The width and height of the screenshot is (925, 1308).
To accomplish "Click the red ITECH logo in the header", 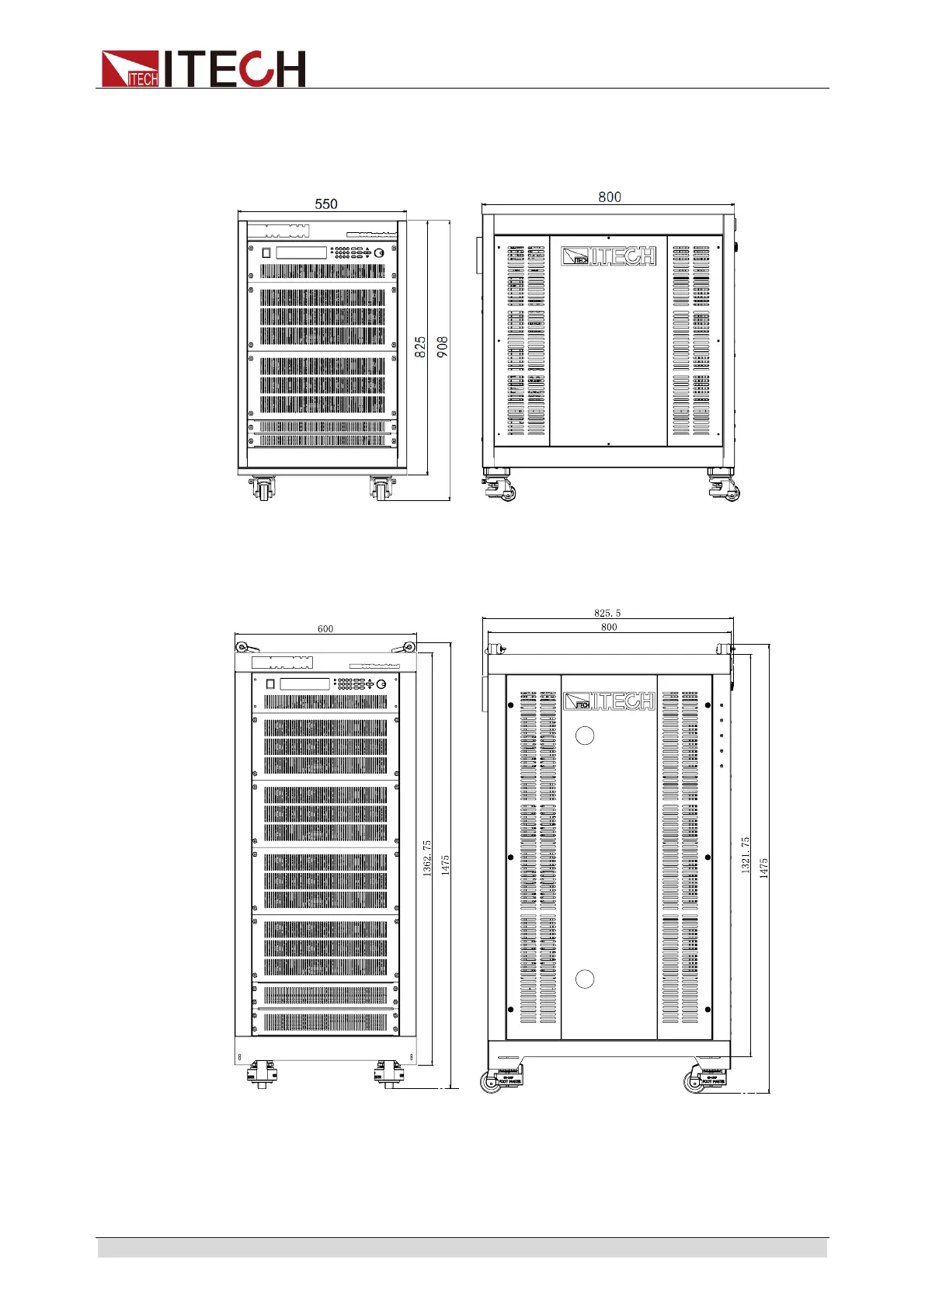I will [203, 68].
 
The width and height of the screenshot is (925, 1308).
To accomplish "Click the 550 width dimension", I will [326, 204].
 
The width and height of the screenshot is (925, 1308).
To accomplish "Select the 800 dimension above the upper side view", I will [610, 197].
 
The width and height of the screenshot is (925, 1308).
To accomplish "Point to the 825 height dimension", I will [420, 346].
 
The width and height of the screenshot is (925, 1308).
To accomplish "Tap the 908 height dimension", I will [442, 346].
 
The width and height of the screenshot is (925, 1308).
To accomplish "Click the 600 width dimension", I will [325, 629].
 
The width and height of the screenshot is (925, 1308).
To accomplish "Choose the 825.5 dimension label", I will [607, 614].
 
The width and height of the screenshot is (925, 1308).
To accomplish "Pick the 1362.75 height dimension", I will [427, 858].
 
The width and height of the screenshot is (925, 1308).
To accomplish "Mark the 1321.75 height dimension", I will [746, 855].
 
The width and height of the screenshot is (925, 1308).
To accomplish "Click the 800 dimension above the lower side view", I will [609, 627].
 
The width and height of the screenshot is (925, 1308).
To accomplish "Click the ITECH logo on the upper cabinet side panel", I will [609, 256].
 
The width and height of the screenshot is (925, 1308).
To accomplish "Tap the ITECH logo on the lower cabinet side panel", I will [610, 702].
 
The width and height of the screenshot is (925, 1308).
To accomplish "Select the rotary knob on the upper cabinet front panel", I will [379, 253].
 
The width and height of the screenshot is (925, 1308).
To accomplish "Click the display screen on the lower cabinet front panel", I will [304, 684].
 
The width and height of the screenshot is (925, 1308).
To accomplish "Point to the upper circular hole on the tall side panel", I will [585, 736].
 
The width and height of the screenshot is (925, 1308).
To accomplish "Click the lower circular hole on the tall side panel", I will [585, 979].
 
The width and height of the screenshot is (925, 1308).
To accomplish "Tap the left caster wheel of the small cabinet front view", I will [263, 490].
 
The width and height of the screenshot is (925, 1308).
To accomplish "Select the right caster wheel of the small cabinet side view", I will [730, 492].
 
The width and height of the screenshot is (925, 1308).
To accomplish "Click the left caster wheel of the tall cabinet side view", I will [492, 1081].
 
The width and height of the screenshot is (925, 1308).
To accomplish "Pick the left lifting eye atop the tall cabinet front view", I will [242, 647].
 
